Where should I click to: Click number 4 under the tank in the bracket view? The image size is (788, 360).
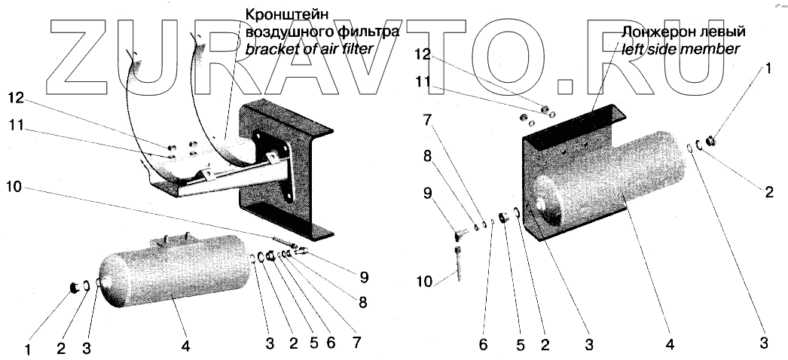click(x=186, y=347)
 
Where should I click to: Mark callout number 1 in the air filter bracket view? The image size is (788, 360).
click(x=28, y=349)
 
